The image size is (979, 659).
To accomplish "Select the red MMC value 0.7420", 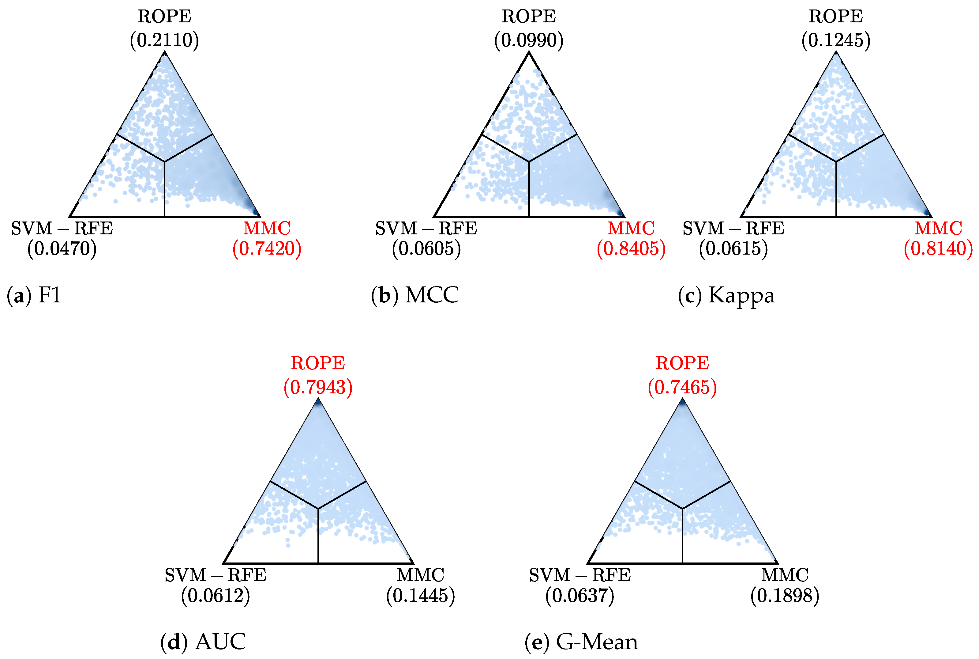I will point(267,249).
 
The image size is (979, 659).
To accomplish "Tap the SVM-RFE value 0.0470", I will point(62,249).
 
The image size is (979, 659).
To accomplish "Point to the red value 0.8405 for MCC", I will point(631,249).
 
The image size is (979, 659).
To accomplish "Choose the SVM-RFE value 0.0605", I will point(426,249).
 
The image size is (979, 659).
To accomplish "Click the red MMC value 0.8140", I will point(938,249).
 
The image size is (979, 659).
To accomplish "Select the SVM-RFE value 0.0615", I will point(733,249).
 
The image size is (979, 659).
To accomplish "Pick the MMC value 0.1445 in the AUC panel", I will point(420,596).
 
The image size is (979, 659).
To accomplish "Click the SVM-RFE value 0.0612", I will point(216,596).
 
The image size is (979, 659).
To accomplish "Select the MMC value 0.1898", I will point(785,596).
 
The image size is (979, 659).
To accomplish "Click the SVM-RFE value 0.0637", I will point(580,596).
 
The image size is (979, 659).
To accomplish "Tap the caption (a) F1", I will point(34,295).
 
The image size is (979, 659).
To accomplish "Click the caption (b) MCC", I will point(414,295).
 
